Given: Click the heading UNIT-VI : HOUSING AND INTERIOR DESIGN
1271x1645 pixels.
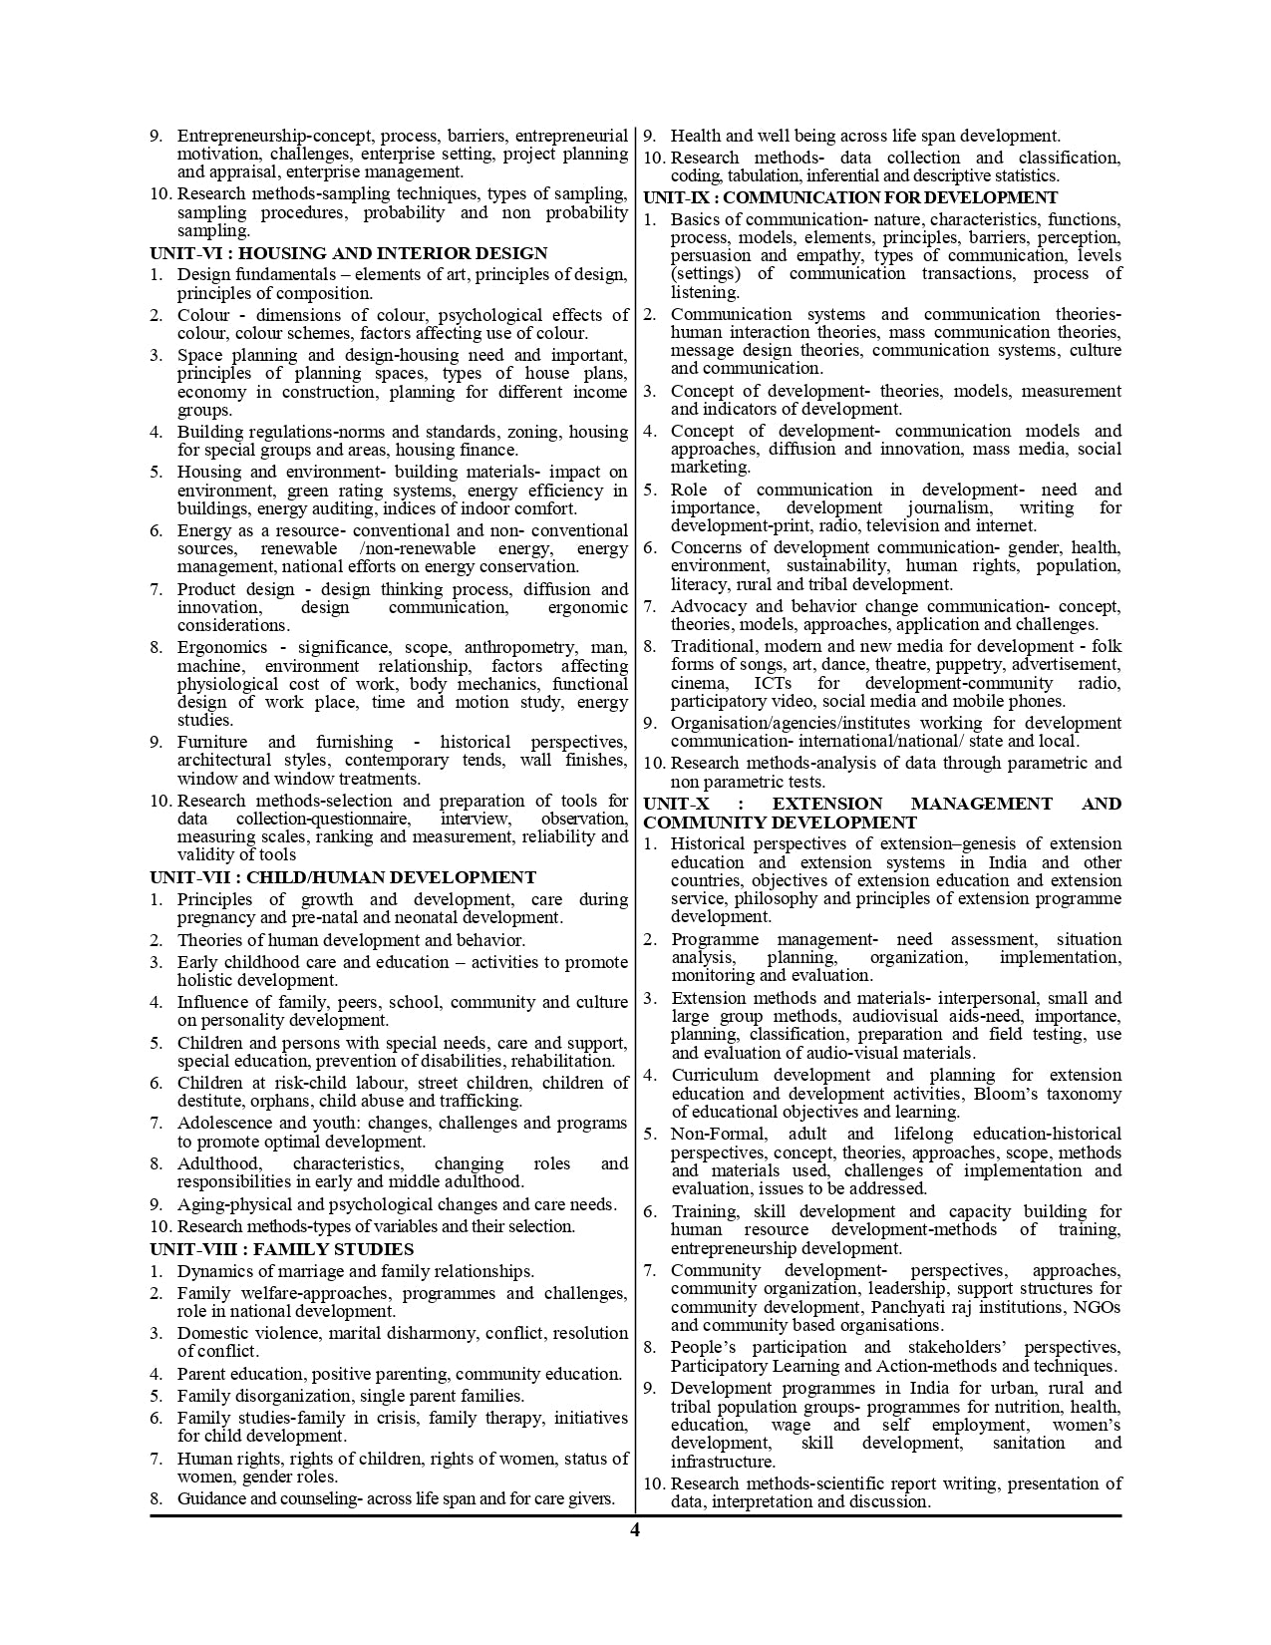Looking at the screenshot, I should coord(348,253).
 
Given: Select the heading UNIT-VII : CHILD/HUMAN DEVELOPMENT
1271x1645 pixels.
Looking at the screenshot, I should coord(342,877).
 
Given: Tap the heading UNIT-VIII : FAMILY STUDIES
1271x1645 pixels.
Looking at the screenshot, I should coord(281,1249).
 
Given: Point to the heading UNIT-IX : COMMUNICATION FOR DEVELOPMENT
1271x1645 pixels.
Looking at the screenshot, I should coord(850,197).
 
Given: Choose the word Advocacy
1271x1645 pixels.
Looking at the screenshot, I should coord(707,606).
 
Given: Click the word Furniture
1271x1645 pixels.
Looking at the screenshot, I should coord(212,742).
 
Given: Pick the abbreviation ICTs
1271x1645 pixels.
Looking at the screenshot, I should coord(774,683).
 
